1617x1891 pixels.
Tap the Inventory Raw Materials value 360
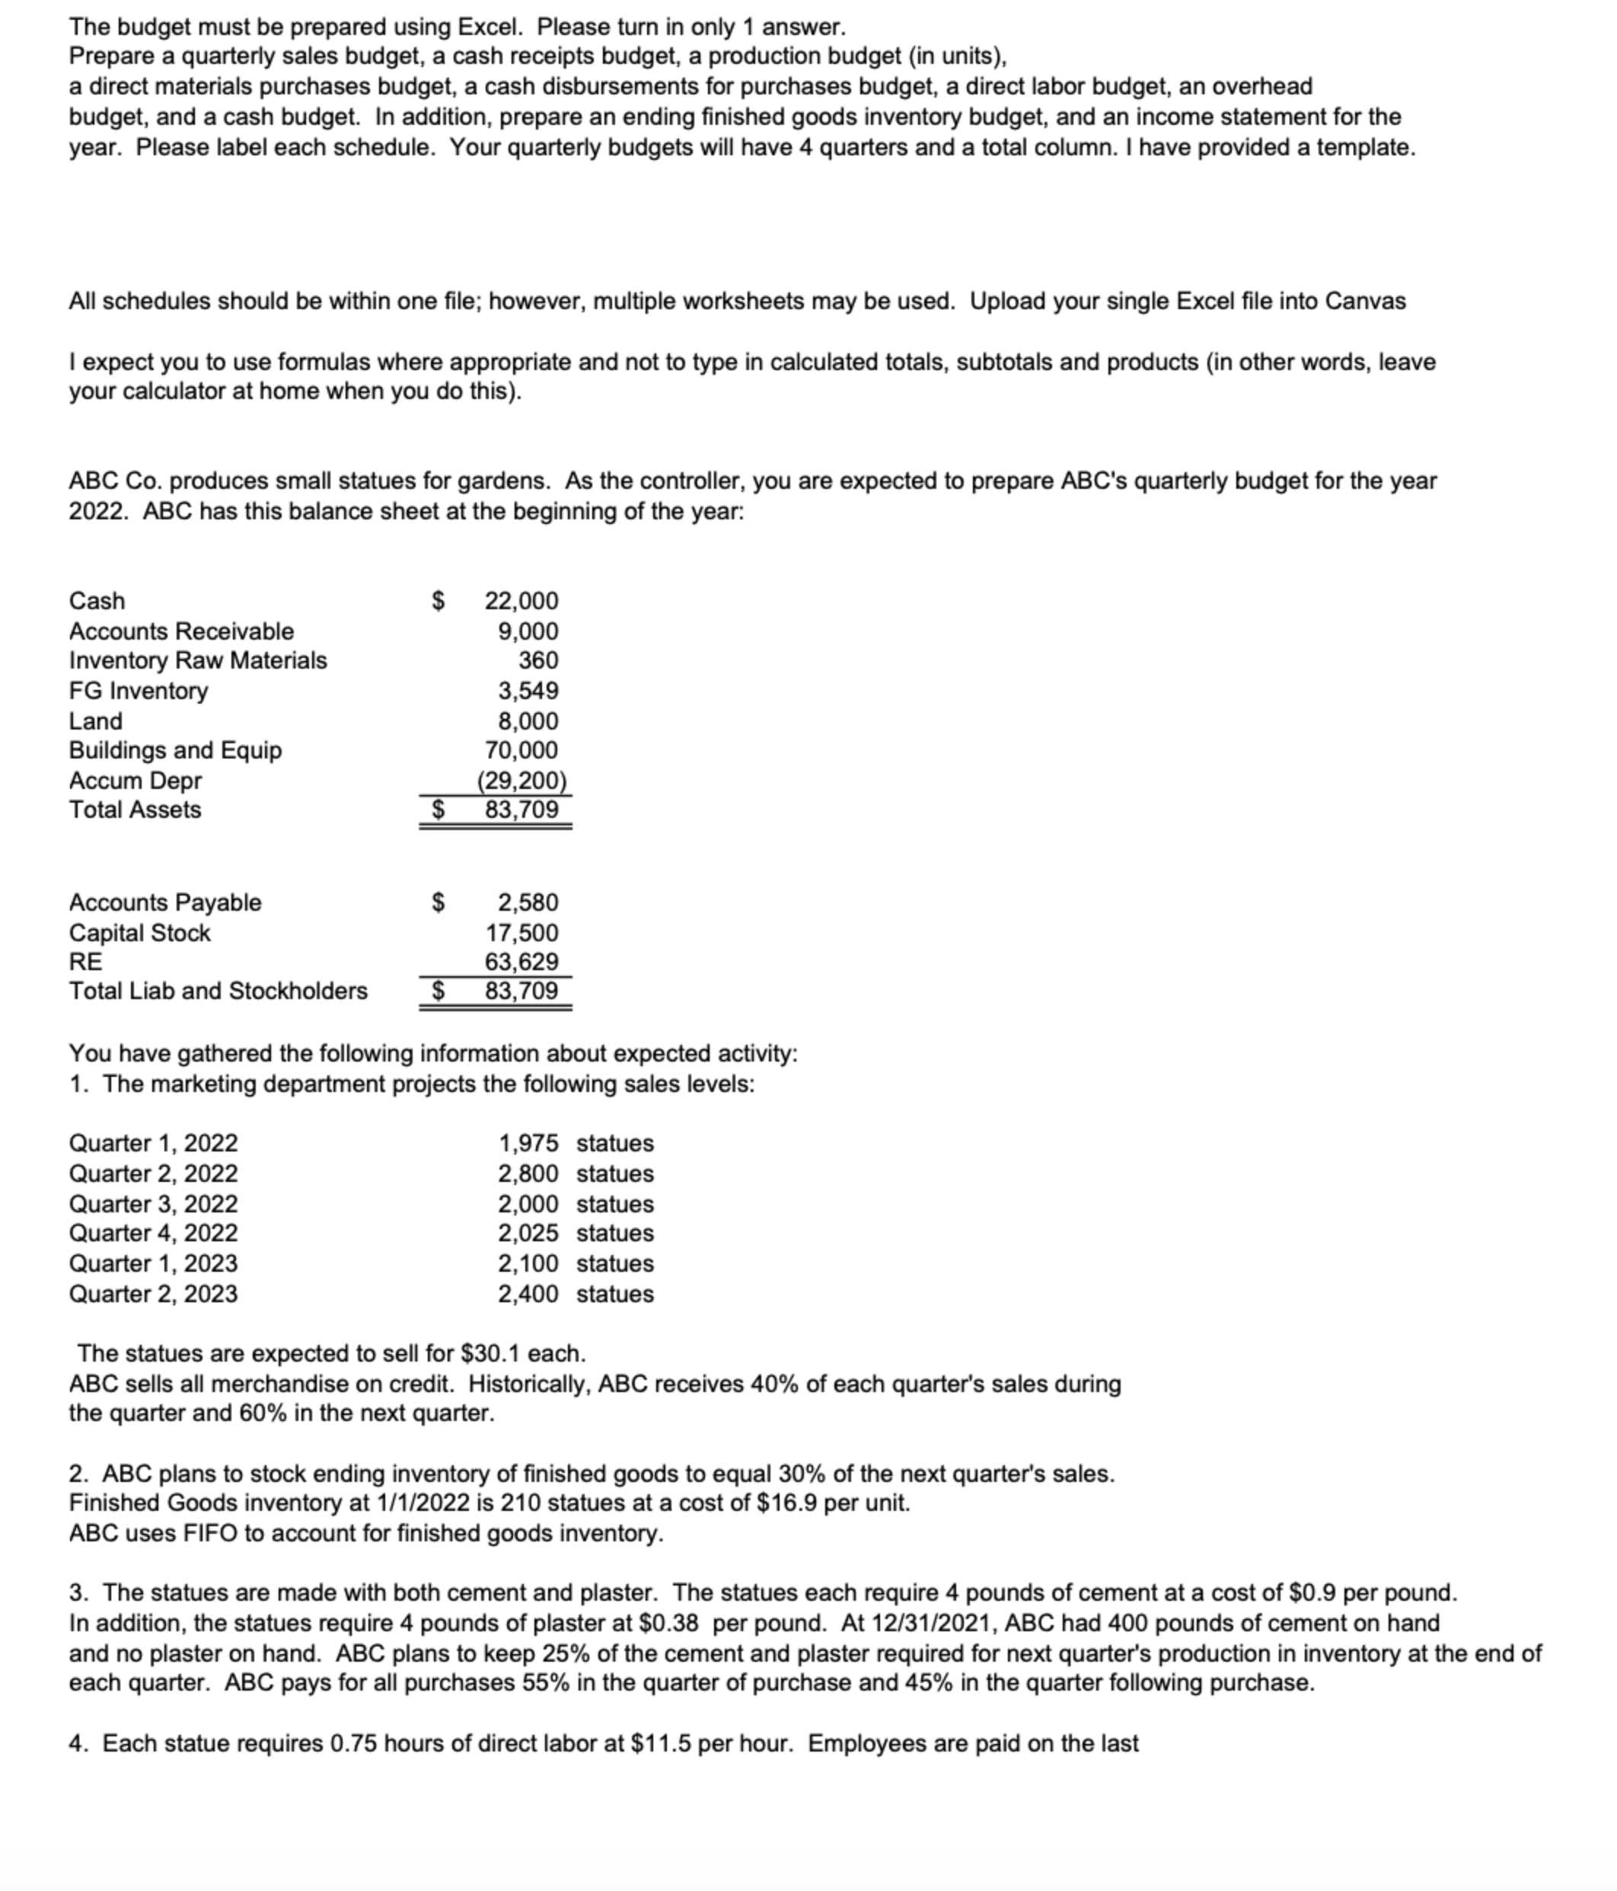coord(538,660)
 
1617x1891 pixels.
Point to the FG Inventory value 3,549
coord(528,690)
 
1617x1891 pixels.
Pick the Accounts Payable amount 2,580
coord(528,902)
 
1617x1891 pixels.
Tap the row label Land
coord(96,720)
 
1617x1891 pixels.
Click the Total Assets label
coord(135,809)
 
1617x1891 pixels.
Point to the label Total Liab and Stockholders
coord(218,990)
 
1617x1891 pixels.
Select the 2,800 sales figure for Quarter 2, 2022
coord(528,1173)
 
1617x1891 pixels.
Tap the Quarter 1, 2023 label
coord(153,1263)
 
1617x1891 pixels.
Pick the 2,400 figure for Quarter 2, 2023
coord(528,1293)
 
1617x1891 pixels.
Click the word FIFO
coord(210,1532)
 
